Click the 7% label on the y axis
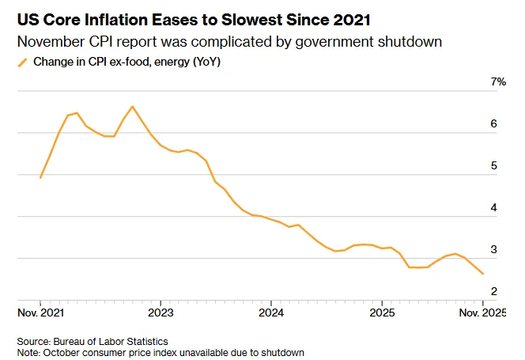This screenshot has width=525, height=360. click(x=497, y=82)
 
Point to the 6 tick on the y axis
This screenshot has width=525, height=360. click(x=493, y=124)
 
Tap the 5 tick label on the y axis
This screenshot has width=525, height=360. click(x=493, y=166)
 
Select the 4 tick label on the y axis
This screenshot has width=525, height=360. click(x=493, y=208)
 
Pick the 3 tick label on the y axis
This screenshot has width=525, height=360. click(x=493, y=250)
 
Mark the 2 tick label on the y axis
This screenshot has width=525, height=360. click(x=493, y=292)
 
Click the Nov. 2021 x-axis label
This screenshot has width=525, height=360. click(x=40, y=313)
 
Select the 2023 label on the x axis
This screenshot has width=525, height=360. click(x=161, y=313)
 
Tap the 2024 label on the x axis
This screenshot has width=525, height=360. click(x=271, y=313)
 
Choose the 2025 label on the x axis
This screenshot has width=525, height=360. click(x=382, y=313)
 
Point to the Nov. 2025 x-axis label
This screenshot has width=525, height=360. click(x=482, y=313)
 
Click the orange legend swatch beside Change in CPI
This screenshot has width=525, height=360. click(x=23, y=62)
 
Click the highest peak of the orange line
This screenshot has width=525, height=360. click(x=132, y=106)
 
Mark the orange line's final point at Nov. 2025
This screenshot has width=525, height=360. click(x=484, y=274)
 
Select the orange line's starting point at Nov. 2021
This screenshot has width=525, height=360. click(x=40, y=177)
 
